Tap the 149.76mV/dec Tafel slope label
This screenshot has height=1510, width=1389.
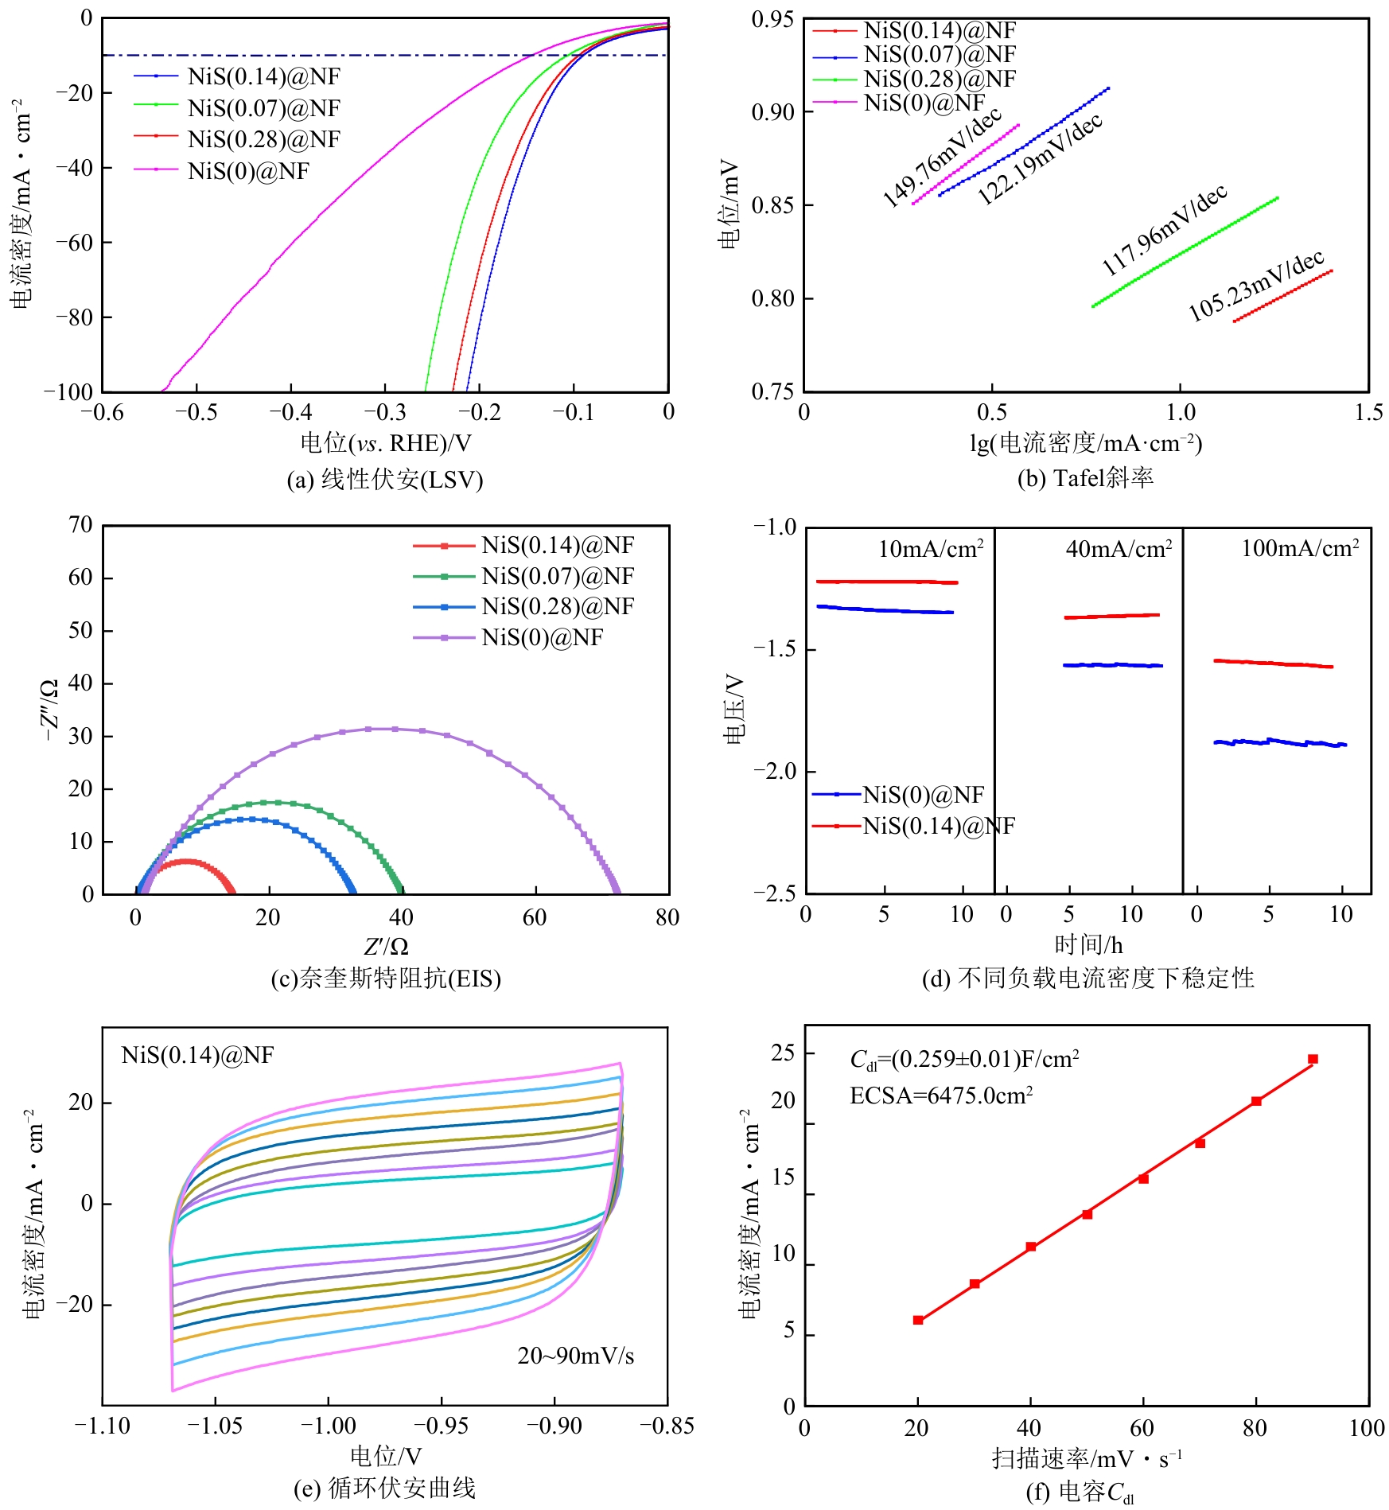pos(941,158)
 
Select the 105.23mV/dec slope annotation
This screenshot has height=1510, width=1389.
pos(1255,285)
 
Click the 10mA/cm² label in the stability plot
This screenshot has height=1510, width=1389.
pos(930,549)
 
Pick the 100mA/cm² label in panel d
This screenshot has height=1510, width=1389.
pos(1300,549)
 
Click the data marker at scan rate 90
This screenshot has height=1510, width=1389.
pos(1313,1059)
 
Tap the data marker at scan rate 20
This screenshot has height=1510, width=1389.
pos(918,1320)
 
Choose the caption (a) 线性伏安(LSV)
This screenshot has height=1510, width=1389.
pos(385,480)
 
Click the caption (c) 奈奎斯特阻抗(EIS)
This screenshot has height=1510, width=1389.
pos(386,978)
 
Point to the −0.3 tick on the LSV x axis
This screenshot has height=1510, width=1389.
pos(385,412)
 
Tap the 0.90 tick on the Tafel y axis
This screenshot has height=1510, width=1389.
pos(772,112)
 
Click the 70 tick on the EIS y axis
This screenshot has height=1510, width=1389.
pos(80,525)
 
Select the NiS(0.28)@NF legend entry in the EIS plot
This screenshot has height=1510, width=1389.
pos(557,607)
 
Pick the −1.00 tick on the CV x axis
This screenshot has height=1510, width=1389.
pos(328,1426)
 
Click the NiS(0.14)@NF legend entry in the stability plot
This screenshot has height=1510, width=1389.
pos(939,826)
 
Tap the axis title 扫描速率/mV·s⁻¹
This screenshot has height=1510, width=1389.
pos(1087,1458)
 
